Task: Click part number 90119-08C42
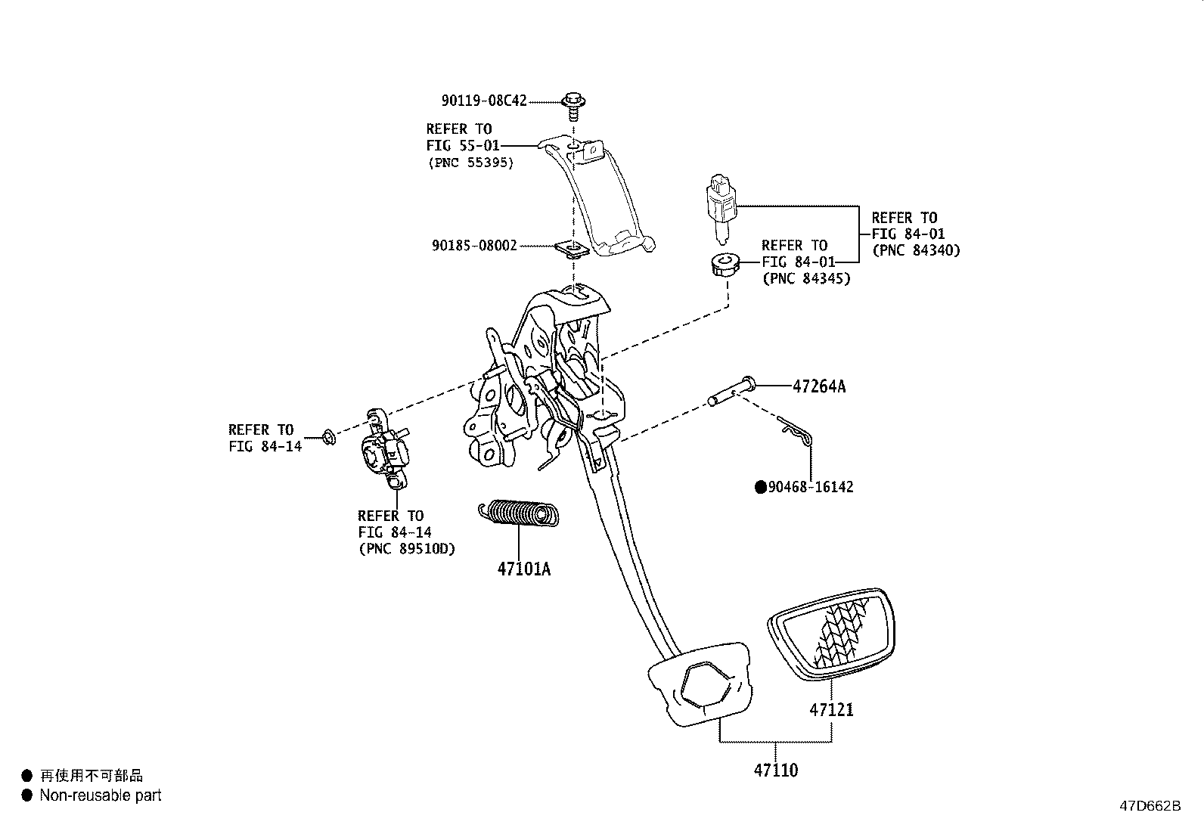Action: pyautogui.click(x=484, y=101)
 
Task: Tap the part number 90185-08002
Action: pyautogui.click(x=474, y=246)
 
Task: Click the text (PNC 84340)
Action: pyautogui.click(x=915, y=250)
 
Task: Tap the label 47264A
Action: pyautogui.click(x=818, y=386)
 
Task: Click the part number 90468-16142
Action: pyautogui.click(x=810, y=487)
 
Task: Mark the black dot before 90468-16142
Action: pyautogui.click(x=761, y=487)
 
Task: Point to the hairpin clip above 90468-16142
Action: pyautogui.click(x=796, y=434)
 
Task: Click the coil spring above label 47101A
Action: pyautogui.click(x=520, y=513)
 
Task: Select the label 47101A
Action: pyautogui.click(x=523, y=569)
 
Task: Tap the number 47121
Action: pyautogui.click(x=831, y=709)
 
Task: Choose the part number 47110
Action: pyautogui.click(x=775, y=771)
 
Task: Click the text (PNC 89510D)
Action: pyautogui.click(x=407, y=549)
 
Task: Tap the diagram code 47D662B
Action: pyautogui.click(x=1150, y=806)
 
